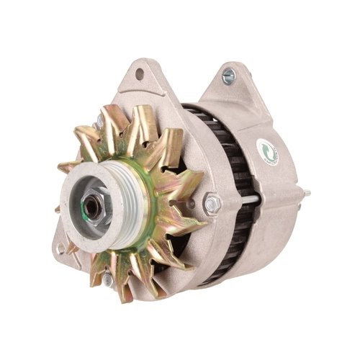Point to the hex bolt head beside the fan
coord(211,204)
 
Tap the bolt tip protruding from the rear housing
coord(307,192)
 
